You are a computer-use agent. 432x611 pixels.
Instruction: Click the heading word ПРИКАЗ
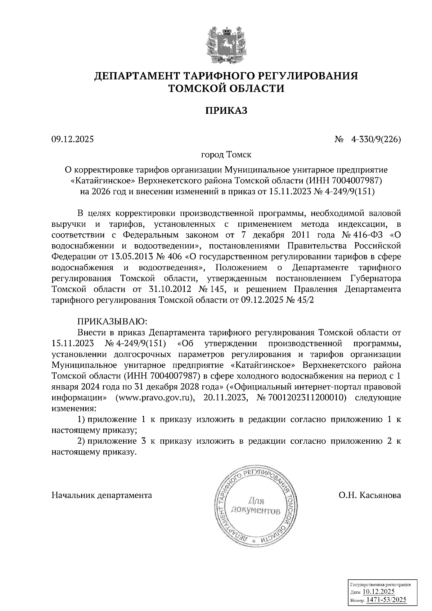[226, 111]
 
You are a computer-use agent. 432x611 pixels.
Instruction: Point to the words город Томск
[226, 155]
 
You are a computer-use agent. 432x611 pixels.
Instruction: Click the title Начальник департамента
[102, 495]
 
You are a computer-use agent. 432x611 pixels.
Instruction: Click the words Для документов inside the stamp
[256, 506]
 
